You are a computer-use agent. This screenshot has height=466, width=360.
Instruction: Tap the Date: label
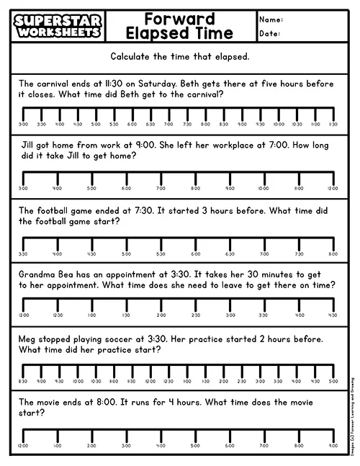pos(270,34)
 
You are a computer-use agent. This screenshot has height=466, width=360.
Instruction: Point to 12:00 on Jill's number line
pos(333,189)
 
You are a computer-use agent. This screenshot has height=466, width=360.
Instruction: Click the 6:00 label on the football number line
pos(195,254)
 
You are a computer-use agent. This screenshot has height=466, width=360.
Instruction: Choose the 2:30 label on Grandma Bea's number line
pos(195,315)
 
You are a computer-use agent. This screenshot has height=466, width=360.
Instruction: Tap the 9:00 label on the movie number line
pos(333,446)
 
